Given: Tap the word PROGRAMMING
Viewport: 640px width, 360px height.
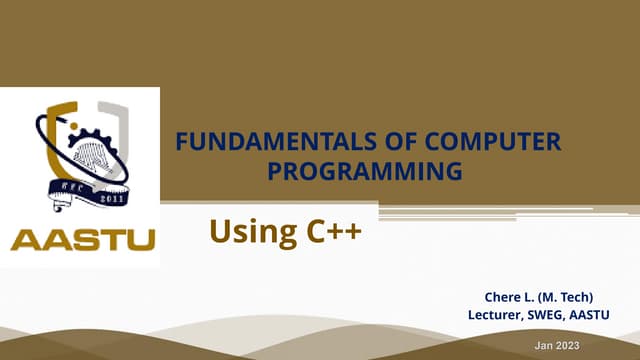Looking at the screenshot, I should (x=366, y=171).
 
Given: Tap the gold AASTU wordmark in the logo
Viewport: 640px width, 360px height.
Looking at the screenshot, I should (x=82, y=241).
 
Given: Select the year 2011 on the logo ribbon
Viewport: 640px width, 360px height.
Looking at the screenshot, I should (x=112, y=197).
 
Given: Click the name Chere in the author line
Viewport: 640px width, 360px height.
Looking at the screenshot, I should (x=502, y=297).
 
